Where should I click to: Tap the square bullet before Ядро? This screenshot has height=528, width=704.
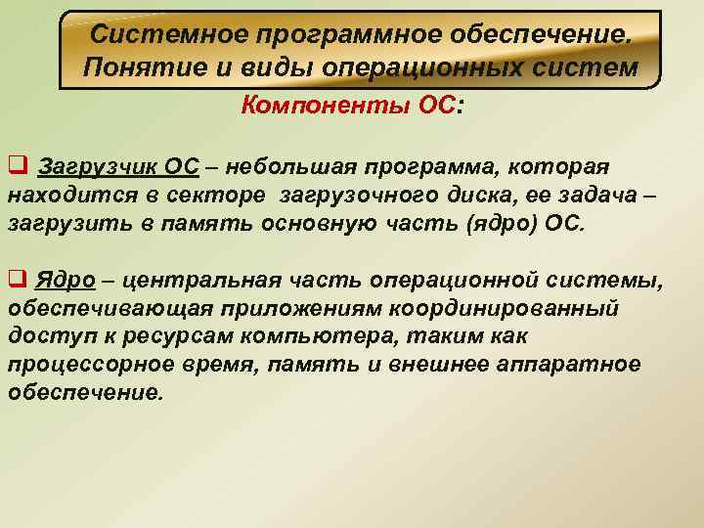coord(16,281)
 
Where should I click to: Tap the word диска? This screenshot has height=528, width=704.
coord(455,195)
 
